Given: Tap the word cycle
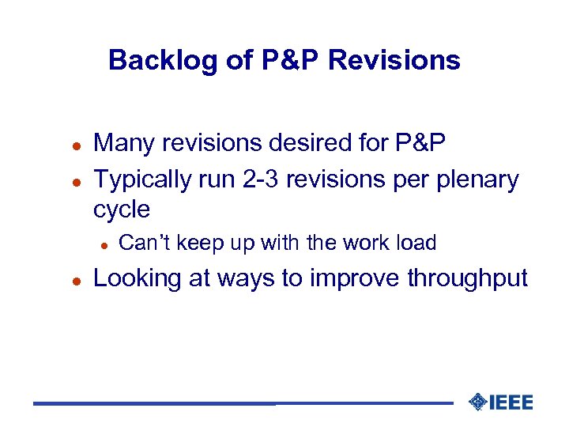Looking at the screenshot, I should click(122, 210).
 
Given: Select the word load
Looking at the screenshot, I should click(416, 243).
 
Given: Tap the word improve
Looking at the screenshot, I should click(356, 279).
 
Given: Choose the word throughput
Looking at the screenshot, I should click(467, 279).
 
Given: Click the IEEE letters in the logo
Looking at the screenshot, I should click(511, 402).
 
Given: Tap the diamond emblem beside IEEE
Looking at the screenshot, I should click(477, 402).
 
